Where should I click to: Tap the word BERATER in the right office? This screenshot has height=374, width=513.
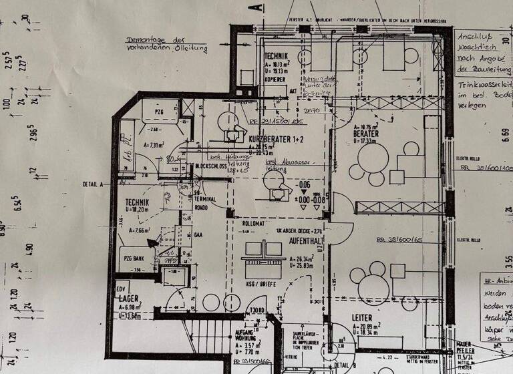[x=366, y=134]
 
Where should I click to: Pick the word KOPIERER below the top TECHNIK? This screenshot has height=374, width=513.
[x=275, y=77]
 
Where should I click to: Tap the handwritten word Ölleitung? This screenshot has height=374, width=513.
[x=190, y=49]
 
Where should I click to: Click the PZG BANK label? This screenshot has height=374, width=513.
[x=134, y=258]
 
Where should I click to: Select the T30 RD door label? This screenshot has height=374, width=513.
[x=256, y=309]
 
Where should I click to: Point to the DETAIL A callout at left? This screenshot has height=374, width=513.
[x=92, y=184]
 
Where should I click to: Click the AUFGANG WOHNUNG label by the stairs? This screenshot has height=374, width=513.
[x=244, y=335]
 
